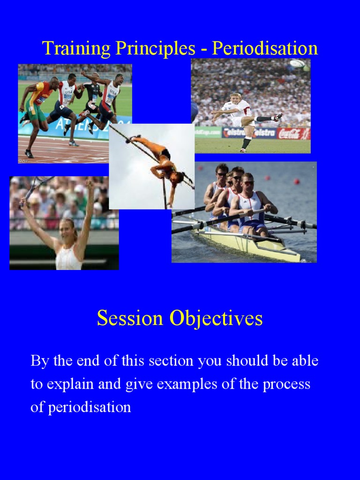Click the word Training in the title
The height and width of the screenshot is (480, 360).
(69, 49)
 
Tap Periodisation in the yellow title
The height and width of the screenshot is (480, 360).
(265, 49)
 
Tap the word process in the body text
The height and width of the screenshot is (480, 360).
(286, 384)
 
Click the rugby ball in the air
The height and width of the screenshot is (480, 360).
(297, 63)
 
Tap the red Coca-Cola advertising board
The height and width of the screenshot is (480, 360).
(293, 134)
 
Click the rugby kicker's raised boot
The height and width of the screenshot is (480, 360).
(277, 117)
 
